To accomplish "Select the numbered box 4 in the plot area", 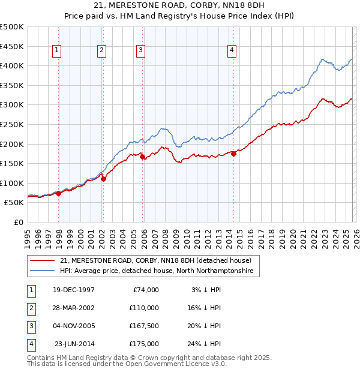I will click(x=231, y=51).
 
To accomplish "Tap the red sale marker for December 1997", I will click(x=58, y=193).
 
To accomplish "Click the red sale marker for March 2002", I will click(x=103, y=178).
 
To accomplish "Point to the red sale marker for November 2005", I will click(x=142, y=157).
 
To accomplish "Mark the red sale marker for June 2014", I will click(x=233, y=154).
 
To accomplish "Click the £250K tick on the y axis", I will click(x=12, y=124).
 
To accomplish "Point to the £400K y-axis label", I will click(x=12, y=65).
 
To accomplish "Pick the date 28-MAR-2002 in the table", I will click(x=74, y=307).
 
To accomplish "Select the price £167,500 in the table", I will click(x=144, y=326).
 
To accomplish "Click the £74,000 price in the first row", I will click(x=146, y=289).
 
